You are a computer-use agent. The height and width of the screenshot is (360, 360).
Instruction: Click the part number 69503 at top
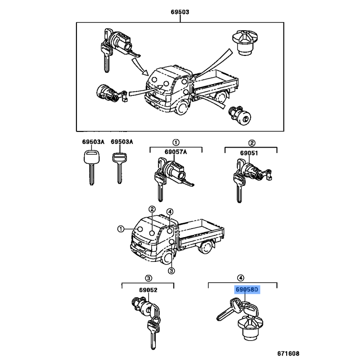[180, 13]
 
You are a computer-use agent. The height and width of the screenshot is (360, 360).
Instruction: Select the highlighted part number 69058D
[246, 290]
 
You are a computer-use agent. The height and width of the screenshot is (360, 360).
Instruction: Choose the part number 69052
[148, 290]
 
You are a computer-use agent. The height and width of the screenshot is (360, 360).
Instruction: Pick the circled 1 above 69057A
[176, 143]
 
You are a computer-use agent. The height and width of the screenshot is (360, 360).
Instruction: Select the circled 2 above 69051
[252, 143]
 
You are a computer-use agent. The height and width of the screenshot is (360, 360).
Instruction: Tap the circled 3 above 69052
[148, 278]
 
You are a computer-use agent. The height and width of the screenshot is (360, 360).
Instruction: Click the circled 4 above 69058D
[241, 278]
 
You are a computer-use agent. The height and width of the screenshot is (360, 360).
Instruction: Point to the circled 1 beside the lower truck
[121, 229]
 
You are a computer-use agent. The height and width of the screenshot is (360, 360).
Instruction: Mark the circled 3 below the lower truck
[171, 271]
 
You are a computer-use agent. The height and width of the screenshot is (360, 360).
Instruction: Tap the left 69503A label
[93, 142]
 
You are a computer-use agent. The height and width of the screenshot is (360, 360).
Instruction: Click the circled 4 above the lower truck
[170, 212]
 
